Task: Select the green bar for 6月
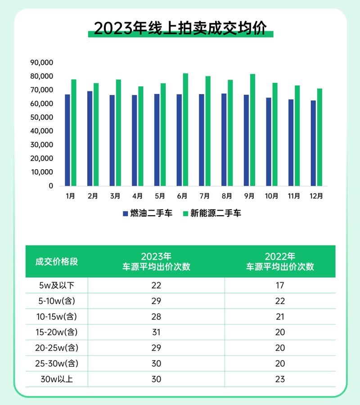pyautogui.click(x=185, y=130)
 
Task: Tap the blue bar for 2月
pyautogui.click(x=90, y=139)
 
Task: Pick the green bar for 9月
pyautogui.click(x=252, y=130)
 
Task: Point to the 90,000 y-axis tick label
pyautogui.click(x=41, y=63)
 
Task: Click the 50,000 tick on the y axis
pyautogui.click(x=41, y=117)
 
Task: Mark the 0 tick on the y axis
pyautogui.click(x=51, y=186)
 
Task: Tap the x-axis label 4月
pyautogui.click(x=137, y=196)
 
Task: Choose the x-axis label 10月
pyautogui.click(x=271, y=196)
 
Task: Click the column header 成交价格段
pyautogui.click(x=57, y=261)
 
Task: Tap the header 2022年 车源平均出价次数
pyautogui.click(x=280, y=261)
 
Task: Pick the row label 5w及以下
pyautogui.click(x=57, y=285)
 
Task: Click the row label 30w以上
pyautogui.click(x=57, y=379)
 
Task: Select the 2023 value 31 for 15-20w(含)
pyautogui.click(x=156, y=333)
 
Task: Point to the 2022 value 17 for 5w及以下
pyautogui.click(x=280, y=285)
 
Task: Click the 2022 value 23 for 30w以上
pyautogui.click(x=280, y=379)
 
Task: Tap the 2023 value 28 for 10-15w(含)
pyautogui.click(x=156, y=317)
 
